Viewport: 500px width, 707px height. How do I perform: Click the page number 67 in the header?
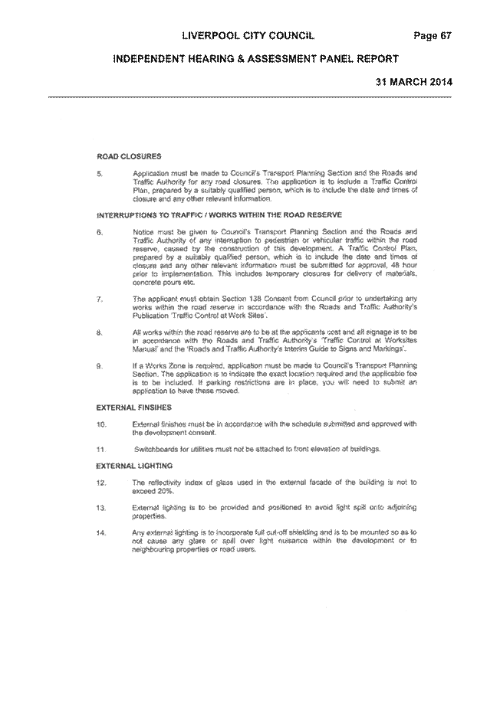pos(446,36)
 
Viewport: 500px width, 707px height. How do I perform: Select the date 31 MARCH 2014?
pos(414,82)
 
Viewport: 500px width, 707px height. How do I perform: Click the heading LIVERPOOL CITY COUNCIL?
pos(248,36)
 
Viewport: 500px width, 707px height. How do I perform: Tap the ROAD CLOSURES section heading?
pos(129,156)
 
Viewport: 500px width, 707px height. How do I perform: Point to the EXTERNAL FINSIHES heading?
pos(134,408)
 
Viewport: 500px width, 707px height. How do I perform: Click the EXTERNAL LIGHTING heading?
pos(134,466)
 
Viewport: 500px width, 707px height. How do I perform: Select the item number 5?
pos(100,173)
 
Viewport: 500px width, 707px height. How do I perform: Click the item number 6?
pos(100,232)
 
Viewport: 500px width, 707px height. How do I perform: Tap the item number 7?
pos(100,299)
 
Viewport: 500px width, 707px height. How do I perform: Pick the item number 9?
pos(100,366)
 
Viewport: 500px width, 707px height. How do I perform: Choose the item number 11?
pos(101,450)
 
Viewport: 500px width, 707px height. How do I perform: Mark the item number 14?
pos(101,533)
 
